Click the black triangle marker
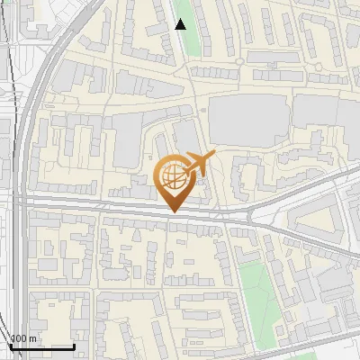click(x=181, y=24)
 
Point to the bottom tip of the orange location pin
click(x=174, y=212)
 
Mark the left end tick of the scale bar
click(x=10, y=346)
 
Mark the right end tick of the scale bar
click(x=74, y=346)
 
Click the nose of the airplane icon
click(x=214, y=157)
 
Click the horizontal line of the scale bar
click(x=41, y=346)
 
